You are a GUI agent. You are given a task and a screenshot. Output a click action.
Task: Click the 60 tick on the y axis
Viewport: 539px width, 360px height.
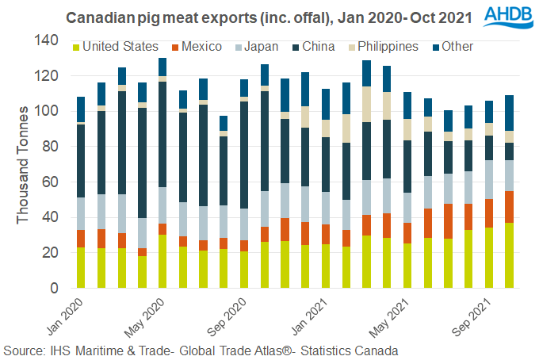click(49, 182)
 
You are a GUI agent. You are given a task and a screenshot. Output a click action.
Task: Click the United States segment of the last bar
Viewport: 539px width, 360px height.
click(510, 255)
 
